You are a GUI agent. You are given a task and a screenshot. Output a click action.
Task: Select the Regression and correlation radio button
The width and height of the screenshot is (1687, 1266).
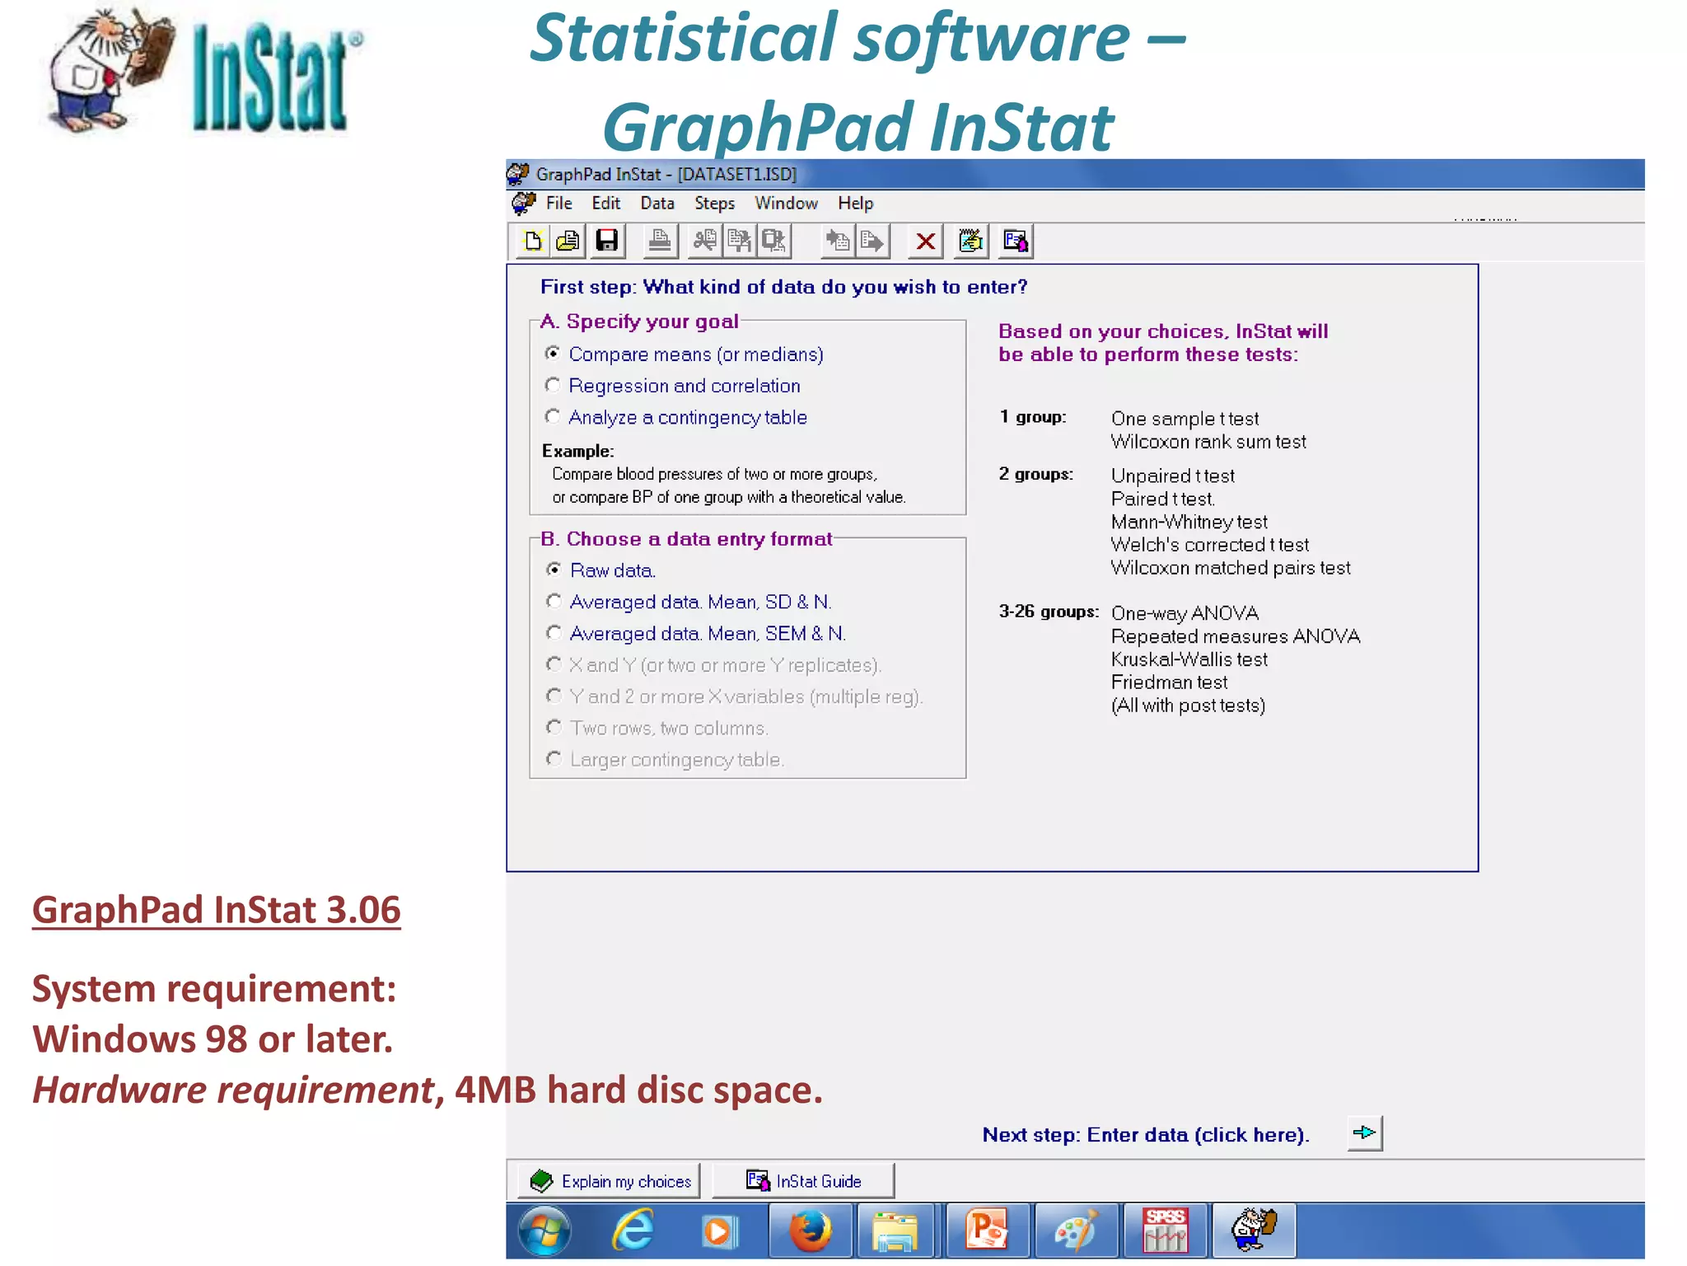tap(553, 386)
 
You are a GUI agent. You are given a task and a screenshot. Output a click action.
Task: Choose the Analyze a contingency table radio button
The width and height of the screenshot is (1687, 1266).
tap(553, 417)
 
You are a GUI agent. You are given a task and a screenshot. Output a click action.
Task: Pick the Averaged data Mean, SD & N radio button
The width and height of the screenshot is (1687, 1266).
tap(554, 602)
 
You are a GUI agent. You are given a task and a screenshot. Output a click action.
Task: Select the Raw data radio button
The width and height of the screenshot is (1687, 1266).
tap(554, 570)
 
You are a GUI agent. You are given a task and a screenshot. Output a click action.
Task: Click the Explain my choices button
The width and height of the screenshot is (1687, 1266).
tap(610, 1181)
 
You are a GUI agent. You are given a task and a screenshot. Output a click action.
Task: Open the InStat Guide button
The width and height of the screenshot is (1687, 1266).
tap(803, 1181)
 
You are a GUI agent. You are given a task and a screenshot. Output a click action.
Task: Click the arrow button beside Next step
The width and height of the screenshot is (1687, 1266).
tap(1364, 1133)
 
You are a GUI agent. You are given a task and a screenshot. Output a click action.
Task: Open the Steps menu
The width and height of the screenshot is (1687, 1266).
tap(714, 204)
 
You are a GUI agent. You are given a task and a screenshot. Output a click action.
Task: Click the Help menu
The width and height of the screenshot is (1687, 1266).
tap(855, 204)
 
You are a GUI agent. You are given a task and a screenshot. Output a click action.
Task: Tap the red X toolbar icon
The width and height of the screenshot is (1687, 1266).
tap(925, 241)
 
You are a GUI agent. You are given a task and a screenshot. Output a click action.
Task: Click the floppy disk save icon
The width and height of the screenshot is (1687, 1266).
tap(607, 241)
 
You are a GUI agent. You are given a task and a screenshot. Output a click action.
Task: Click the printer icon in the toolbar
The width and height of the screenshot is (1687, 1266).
tap(659, 241)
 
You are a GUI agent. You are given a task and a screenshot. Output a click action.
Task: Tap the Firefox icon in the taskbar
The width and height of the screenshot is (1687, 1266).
tap(811, 1231)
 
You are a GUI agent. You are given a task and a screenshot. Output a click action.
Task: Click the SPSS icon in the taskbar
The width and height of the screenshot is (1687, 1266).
tap(1165, 1231)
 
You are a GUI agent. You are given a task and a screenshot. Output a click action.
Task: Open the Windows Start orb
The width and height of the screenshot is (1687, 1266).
tap(544, 1231)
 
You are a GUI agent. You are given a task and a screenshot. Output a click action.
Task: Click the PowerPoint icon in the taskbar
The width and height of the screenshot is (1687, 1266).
tap(987, 1231)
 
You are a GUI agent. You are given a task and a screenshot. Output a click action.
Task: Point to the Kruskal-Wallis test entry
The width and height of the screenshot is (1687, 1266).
tap(1189, 659)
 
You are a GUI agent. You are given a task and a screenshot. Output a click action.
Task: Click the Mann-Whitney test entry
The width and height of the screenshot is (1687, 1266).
tap(1189, 522)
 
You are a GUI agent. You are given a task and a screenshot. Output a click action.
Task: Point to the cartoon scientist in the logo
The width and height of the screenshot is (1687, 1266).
tap(107, 70)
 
